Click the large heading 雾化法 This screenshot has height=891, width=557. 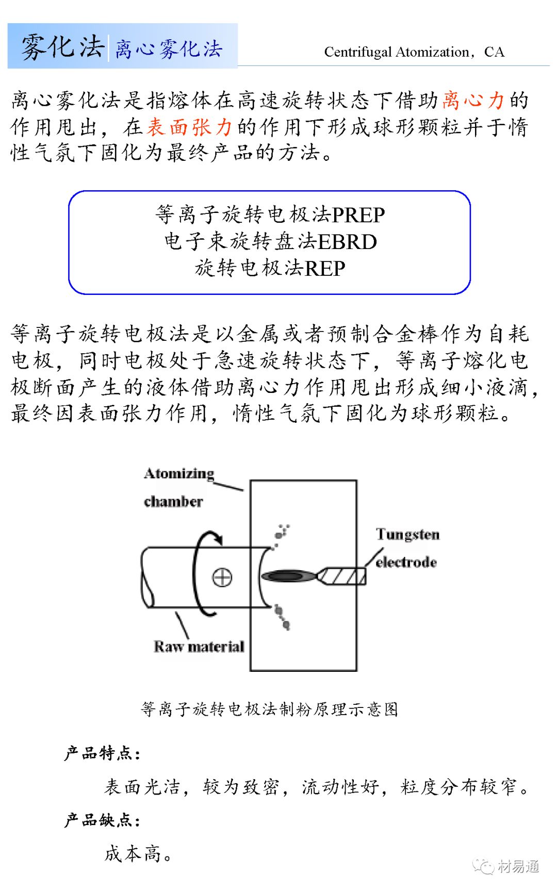point(62,46)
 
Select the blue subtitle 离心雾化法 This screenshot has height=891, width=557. point(168,49)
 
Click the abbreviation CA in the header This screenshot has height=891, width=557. point(494,52)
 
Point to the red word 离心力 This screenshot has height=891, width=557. point(473,100)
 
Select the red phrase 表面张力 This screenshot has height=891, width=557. point(189,126)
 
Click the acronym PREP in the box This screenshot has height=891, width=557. point(358,215)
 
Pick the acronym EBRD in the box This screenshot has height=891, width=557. point(347,242)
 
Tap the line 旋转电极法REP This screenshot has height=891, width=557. point(270,268)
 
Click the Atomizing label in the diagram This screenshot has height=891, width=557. point(179,473)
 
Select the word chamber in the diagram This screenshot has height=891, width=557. point(173,501)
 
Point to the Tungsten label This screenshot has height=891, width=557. point(407,534)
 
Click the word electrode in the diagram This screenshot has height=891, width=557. point(406,562)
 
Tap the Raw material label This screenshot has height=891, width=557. point(199,647)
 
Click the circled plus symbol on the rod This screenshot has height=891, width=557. point(222,577)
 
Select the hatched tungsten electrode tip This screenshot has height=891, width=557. point(342,576)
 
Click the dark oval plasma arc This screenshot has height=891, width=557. point(288,576)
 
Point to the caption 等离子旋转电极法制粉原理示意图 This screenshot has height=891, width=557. point(269,709)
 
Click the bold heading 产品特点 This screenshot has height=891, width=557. point(102,753)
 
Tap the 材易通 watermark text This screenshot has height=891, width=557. point(518,866)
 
